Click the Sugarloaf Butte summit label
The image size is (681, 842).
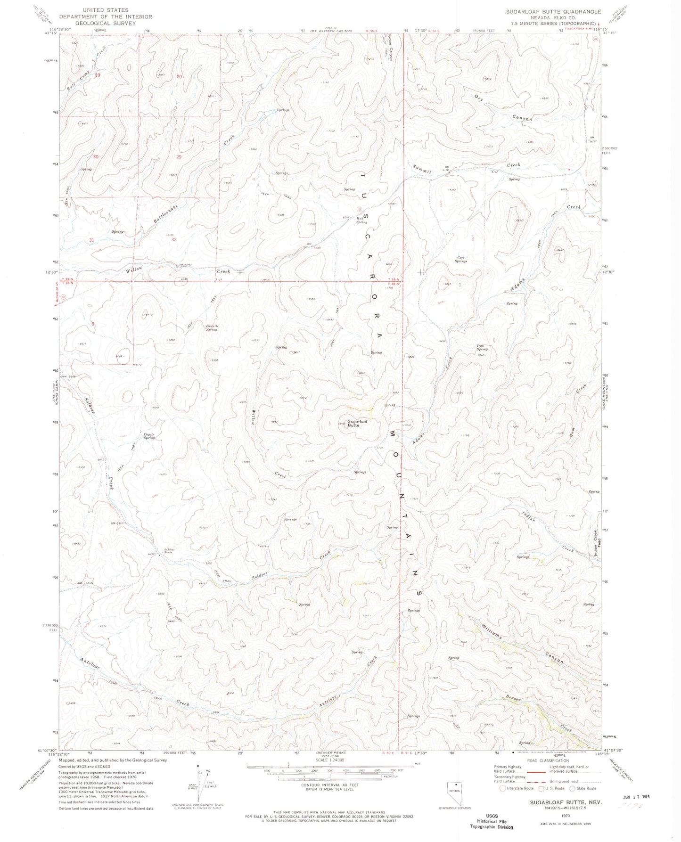click(x=358, y=423)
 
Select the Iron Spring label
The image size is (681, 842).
click(x=481, y=348)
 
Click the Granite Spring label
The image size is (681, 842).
click(x=212, y=327)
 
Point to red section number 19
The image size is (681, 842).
click(x=98, y=75)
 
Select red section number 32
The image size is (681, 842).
click(x=174, y=240)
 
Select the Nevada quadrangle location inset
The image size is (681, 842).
click(x=456, y=792)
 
